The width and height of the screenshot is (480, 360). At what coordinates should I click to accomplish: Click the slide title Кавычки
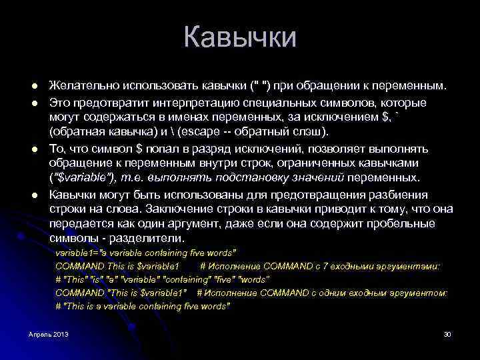tap(239, 37)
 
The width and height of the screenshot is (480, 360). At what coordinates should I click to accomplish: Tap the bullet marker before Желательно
tap(32, 87)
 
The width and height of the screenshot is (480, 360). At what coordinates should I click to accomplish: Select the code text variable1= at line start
tap(77, 254)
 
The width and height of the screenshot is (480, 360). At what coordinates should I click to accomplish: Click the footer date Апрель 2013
tap(49, 333)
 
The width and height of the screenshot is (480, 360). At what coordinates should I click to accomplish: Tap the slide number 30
tap(447, 333)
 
